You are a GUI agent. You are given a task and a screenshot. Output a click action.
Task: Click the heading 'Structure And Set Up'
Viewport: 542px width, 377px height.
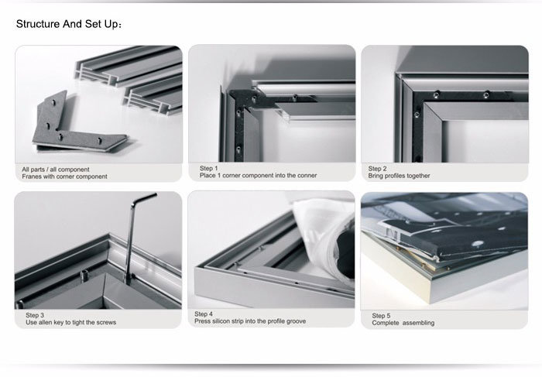click(x=68, y=24)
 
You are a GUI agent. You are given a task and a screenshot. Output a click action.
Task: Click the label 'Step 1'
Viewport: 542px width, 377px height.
click(x=208, y=168)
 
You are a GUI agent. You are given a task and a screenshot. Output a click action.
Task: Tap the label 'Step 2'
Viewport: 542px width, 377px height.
click(x=377, y=168)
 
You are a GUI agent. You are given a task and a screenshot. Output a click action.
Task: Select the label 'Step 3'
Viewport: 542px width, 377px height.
click(x=35, y=315)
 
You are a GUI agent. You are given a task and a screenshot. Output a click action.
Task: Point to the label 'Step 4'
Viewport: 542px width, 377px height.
click(x=204, y=314)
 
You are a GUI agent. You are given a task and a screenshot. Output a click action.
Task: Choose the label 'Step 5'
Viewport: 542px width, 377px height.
click(x=381, y=315)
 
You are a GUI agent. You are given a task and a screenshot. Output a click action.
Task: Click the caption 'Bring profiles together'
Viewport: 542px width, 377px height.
click(x=399, y=176)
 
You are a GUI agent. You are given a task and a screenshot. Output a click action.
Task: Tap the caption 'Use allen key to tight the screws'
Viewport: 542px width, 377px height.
click(x=70, y=322)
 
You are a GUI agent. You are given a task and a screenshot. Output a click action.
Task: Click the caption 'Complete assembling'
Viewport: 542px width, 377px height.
click(x=403, y=323)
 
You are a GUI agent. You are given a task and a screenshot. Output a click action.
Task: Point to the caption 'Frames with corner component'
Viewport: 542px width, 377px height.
click(x=64, y=177)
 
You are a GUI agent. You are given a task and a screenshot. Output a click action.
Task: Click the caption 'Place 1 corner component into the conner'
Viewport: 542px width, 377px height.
click(x=258, y=175)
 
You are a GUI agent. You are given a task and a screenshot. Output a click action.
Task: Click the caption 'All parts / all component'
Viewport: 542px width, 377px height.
click(x=56, y=169)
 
